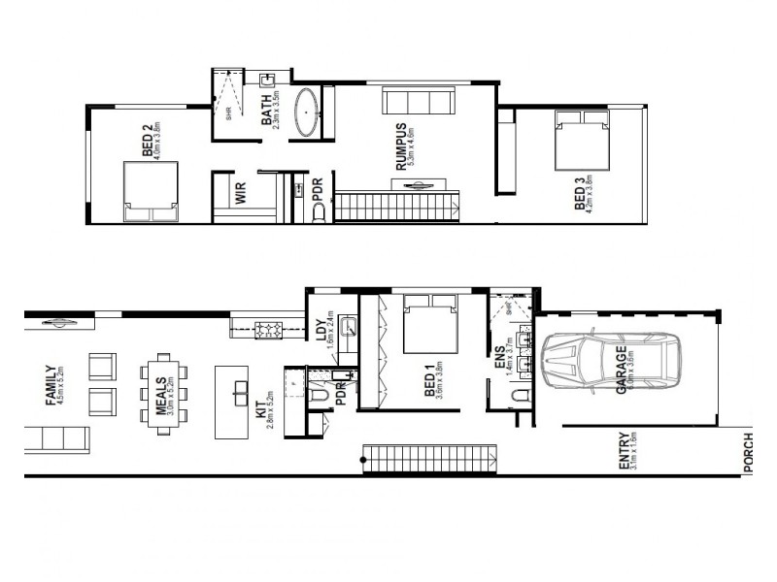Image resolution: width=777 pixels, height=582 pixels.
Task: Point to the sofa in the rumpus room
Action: tap(418, 101)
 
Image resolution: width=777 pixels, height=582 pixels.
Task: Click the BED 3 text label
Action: tap(580, 194)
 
